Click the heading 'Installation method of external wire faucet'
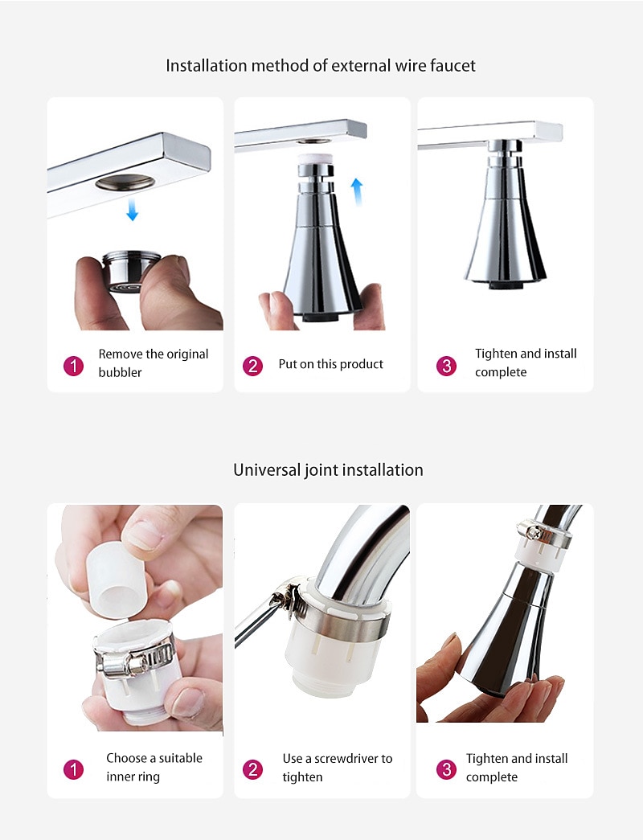tap(321, 65)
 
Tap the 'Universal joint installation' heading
tap(328, 469)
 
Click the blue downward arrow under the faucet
tap(132, 209)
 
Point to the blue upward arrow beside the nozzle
tap(356, 192)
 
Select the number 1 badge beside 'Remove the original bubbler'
tap(73, 367)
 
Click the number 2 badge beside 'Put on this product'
tap(252, 367)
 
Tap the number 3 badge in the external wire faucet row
tap(446, 367)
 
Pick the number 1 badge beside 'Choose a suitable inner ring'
tap(73, 770)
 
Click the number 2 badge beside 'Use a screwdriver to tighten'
tap(252, 770)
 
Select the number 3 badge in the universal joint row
tap(446, 770)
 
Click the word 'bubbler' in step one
tap(120, 372)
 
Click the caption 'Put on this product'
tap(330, 364)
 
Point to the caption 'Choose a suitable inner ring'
tap(154, 767)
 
